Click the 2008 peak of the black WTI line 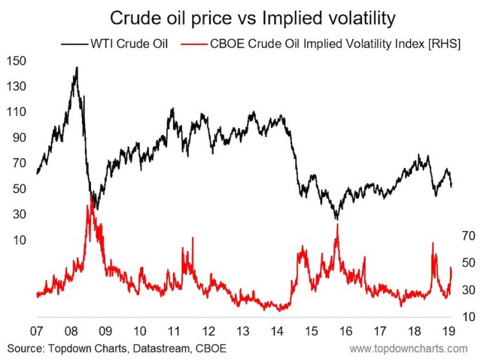(77, 67)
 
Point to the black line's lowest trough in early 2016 (336, 219)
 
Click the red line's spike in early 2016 (336, 225)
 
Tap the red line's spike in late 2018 (433, 243)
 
